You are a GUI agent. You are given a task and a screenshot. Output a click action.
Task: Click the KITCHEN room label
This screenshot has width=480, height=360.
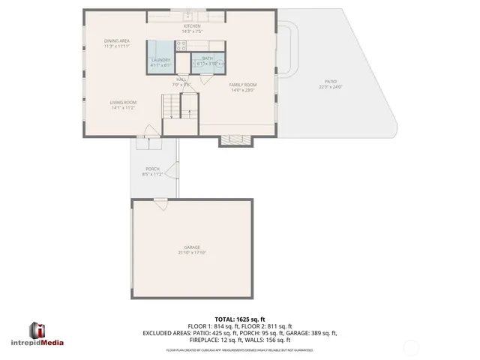192,26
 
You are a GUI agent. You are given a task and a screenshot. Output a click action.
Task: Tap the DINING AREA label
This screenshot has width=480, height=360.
116,40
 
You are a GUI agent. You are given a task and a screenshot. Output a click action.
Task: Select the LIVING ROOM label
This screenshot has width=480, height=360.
122,103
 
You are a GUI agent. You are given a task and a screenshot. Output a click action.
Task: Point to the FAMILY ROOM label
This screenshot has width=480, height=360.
242,85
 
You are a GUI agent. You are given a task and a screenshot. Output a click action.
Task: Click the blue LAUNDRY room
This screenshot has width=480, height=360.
160,60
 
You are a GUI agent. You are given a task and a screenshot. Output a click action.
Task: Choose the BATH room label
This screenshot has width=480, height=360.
206,59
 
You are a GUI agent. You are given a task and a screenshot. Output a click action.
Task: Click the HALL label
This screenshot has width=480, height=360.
181,79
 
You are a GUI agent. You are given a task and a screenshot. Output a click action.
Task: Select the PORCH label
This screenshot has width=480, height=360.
152,169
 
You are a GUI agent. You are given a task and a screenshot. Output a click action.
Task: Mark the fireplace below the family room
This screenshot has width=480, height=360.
233,139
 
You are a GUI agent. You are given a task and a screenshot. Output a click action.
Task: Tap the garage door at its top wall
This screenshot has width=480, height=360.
160,200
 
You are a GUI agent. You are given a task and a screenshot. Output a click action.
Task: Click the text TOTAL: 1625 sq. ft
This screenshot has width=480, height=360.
240,319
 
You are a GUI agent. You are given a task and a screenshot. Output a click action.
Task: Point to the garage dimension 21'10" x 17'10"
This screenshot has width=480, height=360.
192,253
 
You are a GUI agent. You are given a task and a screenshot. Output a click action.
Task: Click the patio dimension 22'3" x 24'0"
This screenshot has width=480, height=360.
330,87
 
